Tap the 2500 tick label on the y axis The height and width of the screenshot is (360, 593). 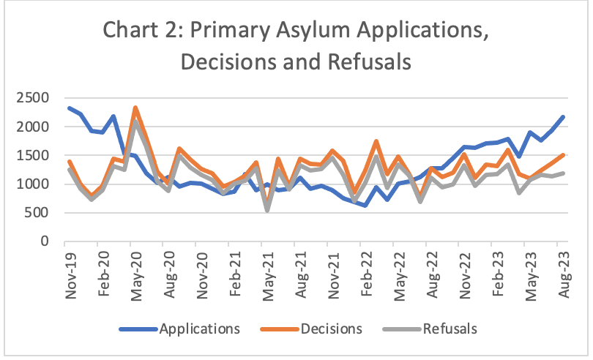tap(34, 98)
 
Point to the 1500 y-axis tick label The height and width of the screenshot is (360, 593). tap(34, 155)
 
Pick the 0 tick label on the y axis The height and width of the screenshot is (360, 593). tap(48, 241)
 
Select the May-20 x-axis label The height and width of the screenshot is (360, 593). tap(136, 271)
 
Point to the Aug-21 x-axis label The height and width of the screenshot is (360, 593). tap(301, 271)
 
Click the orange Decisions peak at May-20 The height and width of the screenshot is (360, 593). tap(135, 108)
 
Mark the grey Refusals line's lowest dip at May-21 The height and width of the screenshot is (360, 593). tap(267, 210)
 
